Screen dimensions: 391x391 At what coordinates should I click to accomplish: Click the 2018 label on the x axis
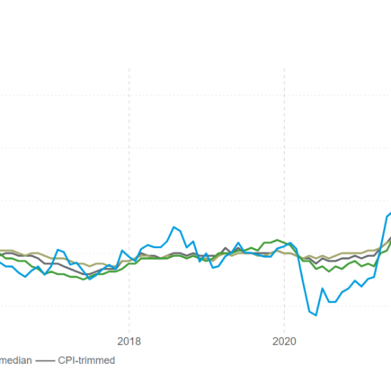coord(129,341)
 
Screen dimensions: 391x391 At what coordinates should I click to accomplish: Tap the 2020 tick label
coord(284,341)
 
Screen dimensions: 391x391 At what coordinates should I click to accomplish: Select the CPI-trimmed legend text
coord(86,360)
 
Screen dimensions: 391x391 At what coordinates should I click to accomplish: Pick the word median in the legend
coord(16,360)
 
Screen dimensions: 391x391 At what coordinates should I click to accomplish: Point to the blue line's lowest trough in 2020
coord(315,315)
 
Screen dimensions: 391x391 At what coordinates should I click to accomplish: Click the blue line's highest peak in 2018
coord(174,227)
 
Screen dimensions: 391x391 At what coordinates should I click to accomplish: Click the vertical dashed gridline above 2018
coord(129,180)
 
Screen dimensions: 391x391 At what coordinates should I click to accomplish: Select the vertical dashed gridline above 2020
coord(284,180)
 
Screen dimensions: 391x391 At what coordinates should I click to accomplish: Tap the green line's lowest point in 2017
coord(84,280)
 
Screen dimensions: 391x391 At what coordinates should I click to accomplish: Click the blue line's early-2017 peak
coord(58,250)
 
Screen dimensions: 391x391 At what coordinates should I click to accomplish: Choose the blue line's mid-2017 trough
coord(90,279)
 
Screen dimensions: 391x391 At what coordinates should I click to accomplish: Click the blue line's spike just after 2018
coord(143,245)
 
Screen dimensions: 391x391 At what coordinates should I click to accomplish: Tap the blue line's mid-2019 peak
coord(239,243)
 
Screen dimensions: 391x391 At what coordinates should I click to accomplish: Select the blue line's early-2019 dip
coord(213,265)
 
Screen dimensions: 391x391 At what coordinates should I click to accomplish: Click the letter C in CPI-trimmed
coord(62,360)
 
